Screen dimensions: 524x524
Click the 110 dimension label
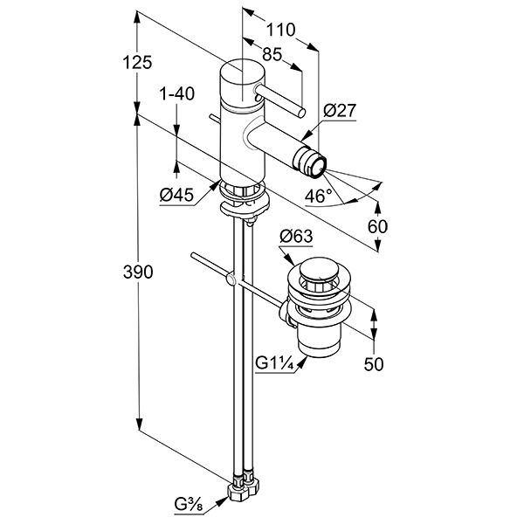coord(280,29)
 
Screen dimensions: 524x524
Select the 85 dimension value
coord(272,54)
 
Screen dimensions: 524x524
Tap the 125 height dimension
coord(137,62)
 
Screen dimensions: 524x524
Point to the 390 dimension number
coord(137,272)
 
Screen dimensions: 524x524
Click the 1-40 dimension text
coord(176,93)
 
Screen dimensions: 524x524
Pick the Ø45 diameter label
coord(176,196)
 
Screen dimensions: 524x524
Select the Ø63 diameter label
coord(296,235)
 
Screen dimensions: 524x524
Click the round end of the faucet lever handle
coord(300,111)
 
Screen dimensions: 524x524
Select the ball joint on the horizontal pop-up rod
coord(231,279)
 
